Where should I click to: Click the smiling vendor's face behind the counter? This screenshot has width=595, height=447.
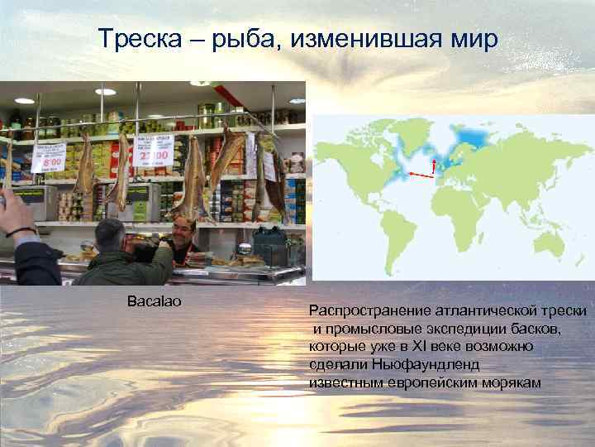pyautogui.click(x=184, y=229)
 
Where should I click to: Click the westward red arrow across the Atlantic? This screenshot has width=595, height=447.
pyautogui.click(x=421, y=175)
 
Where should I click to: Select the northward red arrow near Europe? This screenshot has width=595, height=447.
pyautogui.click(x=434, y=166)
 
